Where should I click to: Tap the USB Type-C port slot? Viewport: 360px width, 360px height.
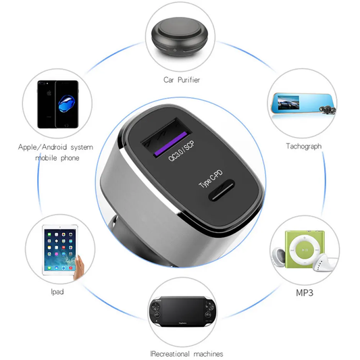click(222, 190)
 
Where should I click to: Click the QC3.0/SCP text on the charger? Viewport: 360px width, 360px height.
click(182, 151)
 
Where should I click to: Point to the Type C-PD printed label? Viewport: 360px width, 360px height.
click(211, 179)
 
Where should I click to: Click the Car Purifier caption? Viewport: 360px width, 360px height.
click(182, 80)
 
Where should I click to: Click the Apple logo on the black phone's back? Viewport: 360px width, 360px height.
click(49, 93)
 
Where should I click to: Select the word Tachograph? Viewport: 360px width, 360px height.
click(303, 146)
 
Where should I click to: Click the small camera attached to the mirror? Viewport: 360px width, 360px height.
click(328, 109)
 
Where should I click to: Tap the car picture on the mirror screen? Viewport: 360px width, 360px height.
click(288, 103)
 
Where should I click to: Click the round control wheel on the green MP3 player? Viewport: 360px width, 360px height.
click(305, 249)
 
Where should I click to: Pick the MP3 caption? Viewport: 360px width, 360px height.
click(305, 292)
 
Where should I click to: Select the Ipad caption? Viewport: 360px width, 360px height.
click(57, 292)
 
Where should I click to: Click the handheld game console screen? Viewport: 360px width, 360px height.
click(182, 310)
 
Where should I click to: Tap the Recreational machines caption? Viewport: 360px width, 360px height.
click(186, 354)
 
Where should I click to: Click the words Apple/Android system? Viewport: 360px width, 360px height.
click(55, 147)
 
